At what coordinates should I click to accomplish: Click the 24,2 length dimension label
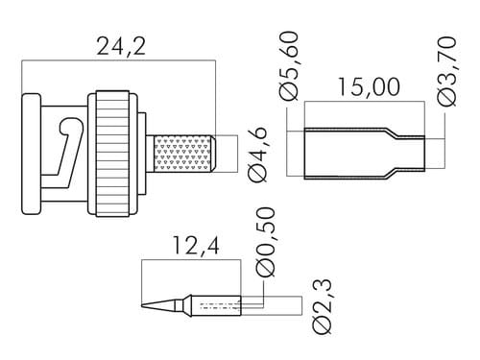(121, 47)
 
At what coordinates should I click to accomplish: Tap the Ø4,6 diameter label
(256, 155)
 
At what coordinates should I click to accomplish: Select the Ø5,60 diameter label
(288, 66)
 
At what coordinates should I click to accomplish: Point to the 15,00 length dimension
(369, 86)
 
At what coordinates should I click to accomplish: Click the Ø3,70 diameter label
(445, 71)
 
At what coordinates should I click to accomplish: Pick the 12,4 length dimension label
(196, 246)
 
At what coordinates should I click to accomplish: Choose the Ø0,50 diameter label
(265, 242)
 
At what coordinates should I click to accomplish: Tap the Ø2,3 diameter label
(322, 307)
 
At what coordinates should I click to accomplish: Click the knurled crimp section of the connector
(183, 155)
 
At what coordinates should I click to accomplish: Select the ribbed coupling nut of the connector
(113, 155)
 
